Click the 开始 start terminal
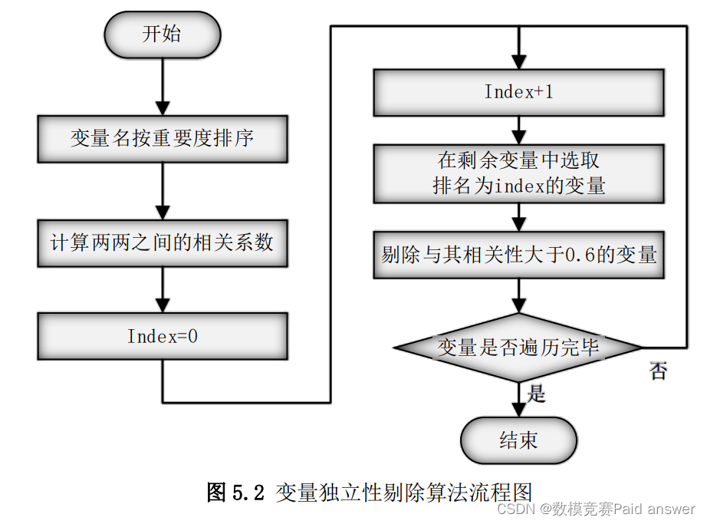pos(162,35)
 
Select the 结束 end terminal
pos(518,440)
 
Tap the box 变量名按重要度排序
pos(162,139)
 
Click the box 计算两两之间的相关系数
pos(162,243)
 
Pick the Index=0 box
pos(162,336)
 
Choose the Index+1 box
pos(518,92)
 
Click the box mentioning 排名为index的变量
pos(518,174)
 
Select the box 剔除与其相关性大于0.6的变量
pos(518,255)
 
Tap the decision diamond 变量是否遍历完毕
pos(518,348)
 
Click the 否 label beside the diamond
pos(658,372)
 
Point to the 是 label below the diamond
pos(536,394)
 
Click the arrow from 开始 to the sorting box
pos(162,87)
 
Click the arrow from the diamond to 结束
pos(519,400)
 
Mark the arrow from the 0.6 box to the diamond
pos(519,295)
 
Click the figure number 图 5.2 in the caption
pos(235,492)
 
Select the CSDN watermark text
pos(596,509)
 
